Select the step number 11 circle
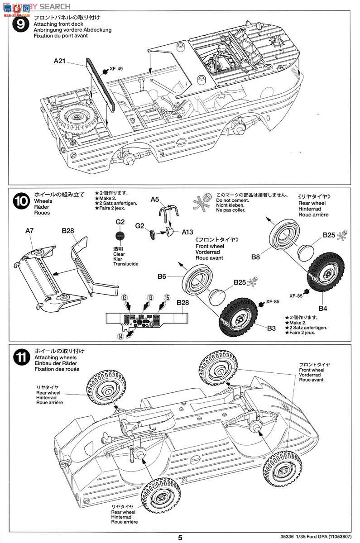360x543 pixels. click(20, 357)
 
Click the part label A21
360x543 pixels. click(60, 61)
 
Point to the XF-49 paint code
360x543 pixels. click(116, 69)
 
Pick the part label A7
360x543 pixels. click(29, 230)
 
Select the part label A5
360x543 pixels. click(155, 199)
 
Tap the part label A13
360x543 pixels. click(187, 233)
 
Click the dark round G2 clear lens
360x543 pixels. click(120, 235)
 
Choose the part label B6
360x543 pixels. click(162, 276)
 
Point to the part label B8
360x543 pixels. click(255, 257)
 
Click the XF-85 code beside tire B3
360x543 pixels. click(272, 301)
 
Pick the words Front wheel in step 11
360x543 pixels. click(311, 370)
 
